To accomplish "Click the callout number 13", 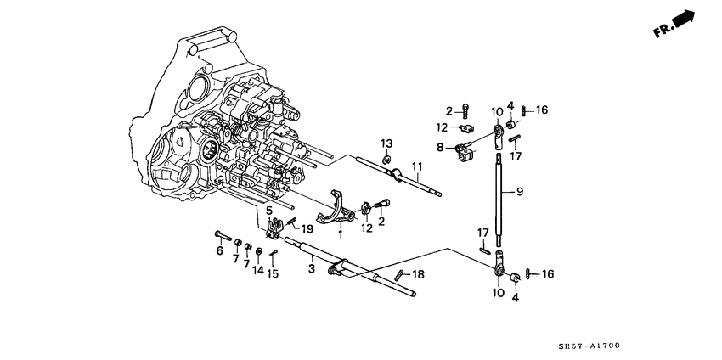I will (x=386, y=142).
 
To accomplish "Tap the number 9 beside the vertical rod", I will (x=519, y=191).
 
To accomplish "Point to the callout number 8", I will (x=442, y=147).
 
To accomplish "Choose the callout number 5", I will (x=221, y=251).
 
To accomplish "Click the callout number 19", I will (x=308, y=228).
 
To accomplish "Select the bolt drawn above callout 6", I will (x=222, y=233).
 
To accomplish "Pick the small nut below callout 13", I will (x=386, y=158).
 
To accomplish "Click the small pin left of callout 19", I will (x=291, y=222).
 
